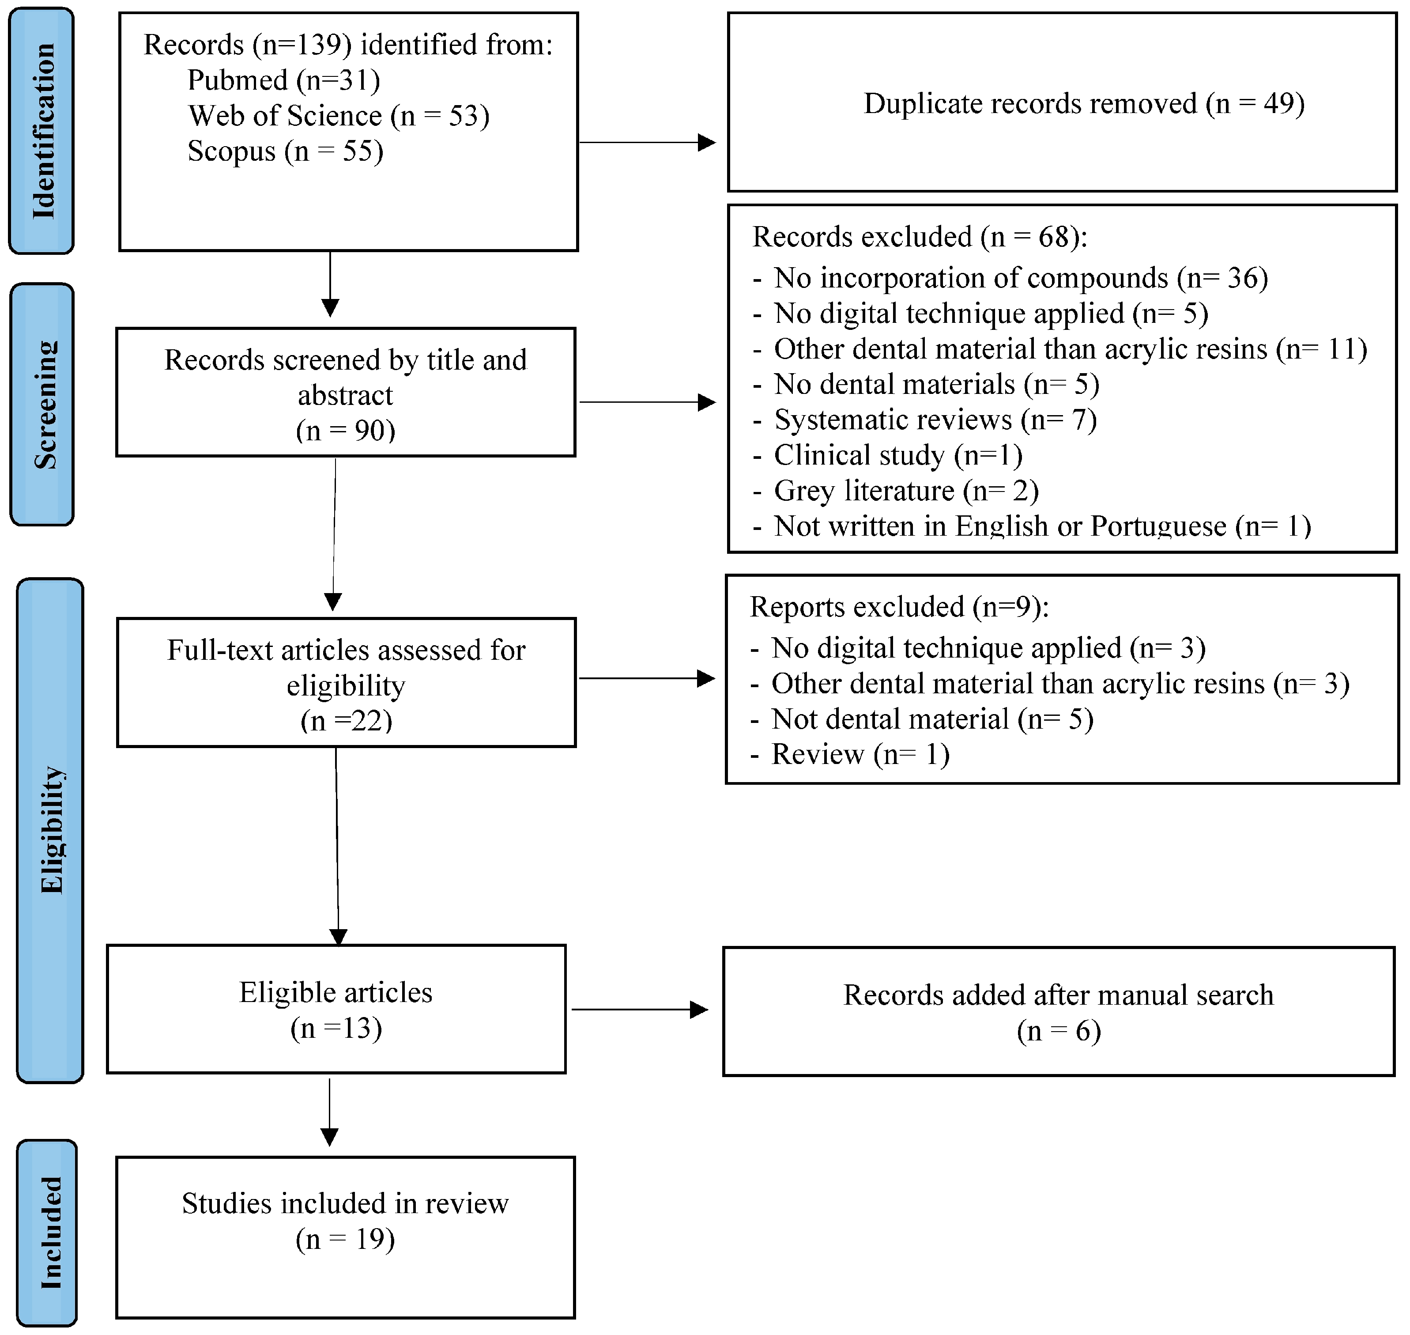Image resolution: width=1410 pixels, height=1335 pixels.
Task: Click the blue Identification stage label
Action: (x=41, y=131)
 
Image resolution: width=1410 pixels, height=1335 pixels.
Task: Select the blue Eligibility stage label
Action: (x=50, y=831)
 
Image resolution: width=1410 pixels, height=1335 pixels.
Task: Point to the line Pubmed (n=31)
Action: (x=283, y=80)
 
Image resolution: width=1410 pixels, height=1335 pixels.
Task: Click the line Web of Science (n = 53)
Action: (x=339, y=116)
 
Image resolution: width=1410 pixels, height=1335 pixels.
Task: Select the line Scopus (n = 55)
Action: (x=285, y=151)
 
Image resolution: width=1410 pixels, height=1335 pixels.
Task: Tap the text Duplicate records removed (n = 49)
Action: (x=1083, y=104)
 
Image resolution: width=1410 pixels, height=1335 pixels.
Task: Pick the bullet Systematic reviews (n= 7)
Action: (x=935, y=420)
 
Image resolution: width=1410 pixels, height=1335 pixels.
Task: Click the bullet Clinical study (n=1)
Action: (x=898, y=455)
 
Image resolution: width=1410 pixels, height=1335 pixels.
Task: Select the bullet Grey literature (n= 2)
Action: (x=905, y=491)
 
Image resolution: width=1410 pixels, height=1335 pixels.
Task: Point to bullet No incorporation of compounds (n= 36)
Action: (x=1020, y=278)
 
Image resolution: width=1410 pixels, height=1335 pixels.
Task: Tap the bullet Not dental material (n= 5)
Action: (x=932, y=719)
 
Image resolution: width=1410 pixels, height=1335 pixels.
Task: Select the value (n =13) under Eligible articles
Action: (x=336, y=1028)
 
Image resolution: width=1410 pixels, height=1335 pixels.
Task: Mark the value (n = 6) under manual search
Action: (x=1059, y=1031)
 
